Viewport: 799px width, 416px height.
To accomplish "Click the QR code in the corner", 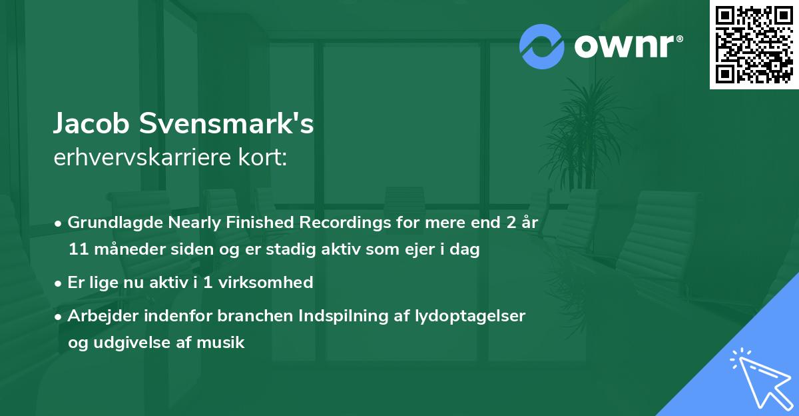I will pyautogui.click(x=754, y=45).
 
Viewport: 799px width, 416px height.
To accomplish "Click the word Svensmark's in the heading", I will pyautogui.click(x=226, y=125).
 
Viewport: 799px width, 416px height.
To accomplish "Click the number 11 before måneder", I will pyautogui.click(x=77, y=250).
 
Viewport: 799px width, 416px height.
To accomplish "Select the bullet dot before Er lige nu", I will pyautogui.click(x=60, y=283).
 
